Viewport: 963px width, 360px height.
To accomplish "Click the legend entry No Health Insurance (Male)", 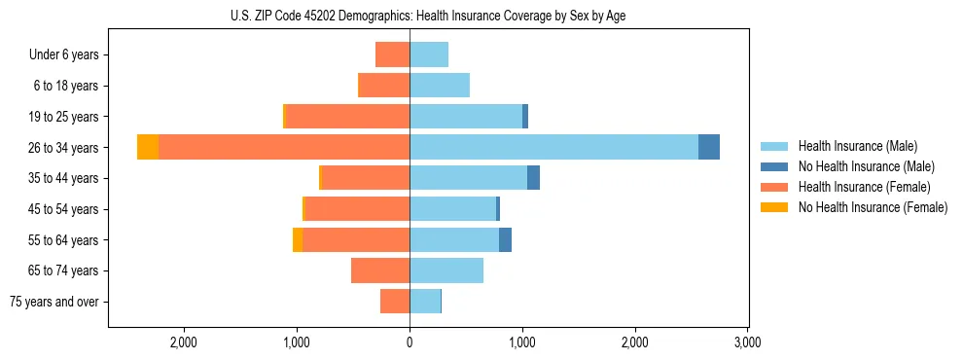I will pyautogui.click(x=866, y=166).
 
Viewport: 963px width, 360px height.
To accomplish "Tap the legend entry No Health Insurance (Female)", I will pyautogui.click(x=873, y=207).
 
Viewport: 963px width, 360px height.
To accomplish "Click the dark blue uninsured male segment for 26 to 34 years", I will pyautogui.click(x=709, y=147).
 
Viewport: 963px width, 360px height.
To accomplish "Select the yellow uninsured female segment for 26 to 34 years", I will pyautogui.click(x=148, y=147).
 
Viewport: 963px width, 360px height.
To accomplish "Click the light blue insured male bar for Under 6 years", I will pyautogui.click(x=429, y=54).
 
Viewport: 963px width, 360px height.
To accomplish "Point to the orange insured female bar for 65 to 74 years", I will pyautogui.click(x=380, y=270).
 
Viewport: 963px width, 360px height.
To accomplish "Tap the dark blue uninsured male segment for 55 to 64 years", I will pyautogui.click(x=505, y=239).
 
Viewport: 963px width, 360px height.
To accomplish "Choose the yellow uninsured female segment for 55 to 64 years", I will pyautogui.click(x=298, y=239).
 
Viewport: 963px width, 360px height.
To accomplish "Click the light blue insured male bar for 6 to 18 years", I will pyautogui.click(x=440, y=86).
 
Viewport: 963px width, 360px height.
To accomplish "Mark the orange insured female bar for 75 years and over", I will pyautogui.click(x=395, y=302).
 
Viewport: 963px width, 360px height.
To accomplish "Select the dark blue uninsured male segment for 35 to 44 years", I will pyautogui.click(x=533, y=178).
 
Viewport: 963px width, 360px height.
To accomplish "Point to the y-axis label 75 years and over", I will pyautogui.click(x=54, y=302).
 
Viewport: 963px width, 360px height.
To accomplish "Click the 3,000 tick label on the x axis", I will pyautogui.click(x=747, y=342).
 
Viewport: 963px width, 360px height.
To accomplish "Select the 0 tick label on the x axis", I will pyautogui.click(x=410, y=342).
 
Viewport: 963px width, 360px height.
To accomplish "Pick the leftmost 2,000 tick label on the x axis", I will pyautogui.click(x=184, y=342).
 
